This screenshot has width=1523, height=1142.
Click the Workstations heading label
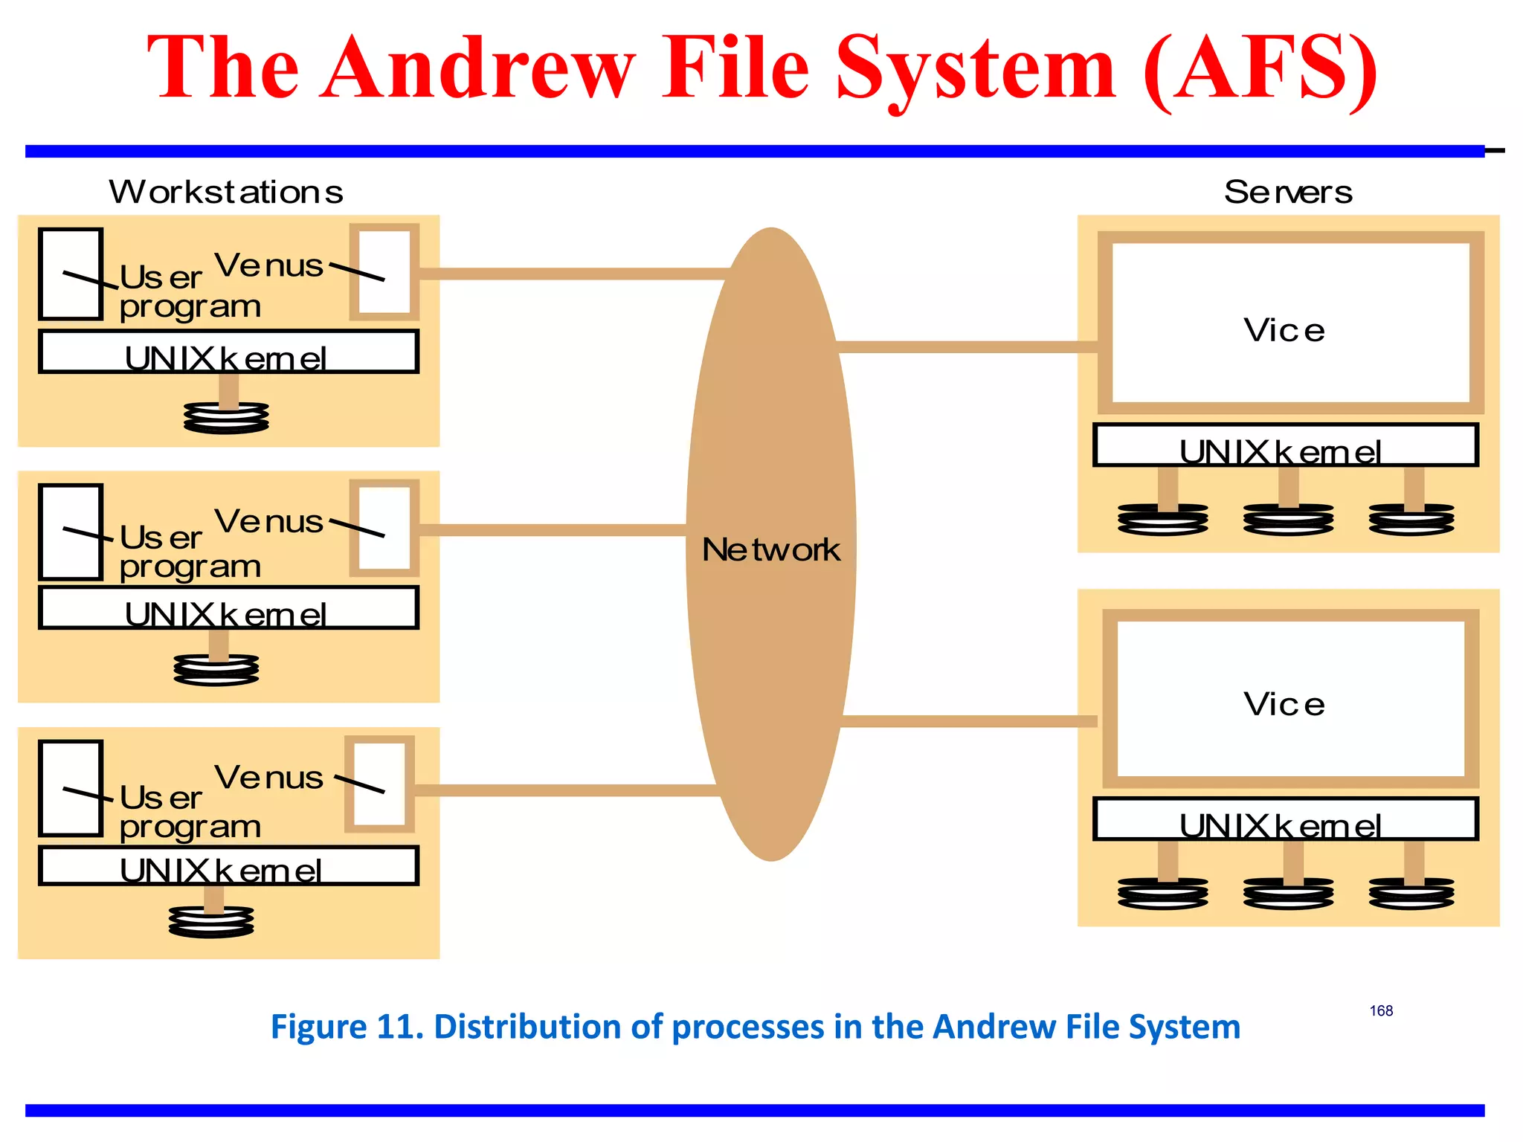226,192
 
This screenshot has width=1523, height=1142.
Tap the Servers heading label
1287,192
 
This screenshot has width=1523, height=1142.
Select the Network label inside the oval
771,550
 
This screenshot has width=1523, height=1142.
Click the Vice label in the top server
1284,330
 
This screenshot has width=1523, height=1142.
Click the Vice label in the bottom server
1284,704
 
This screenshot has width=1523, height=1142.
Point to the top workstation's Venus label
268,265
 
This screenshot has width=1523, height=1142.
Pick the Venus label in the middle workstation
268,521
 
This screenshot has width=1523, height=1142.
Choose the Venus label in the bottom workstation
268,778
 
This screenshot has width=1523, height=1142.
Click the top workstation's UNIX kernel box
228,352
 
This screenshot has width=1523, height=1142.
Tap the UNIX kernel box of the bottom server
1284,819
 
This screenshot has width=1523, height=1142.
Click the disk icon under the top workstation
226,418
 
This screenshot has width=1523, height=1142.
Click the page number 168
1381,1010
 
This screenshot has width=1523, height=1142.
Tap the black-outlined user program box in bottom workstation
71,788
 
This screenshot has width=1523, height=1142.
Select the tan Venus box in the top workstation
384,272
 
